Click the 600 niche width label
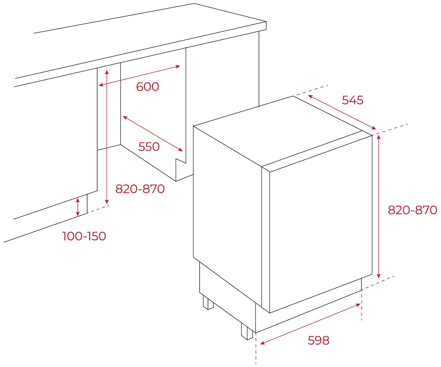coord(147,87)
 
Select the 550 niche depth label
coord(149,147)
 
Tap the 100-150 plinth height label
coord(84,236)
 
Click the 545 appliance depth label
coord(353,100)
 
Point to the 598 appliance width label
coord(318,341)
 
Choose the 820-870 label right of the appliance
coord(412,210)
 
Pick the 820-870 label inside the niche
coord(140,189)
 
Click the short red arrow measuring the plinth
coord(78,207)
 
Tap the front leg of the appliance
coord(247,331)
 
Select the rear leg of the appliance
coord(208,302)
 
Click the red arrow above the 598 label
coord(310,324)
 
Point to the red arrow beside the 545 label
coord(342,112)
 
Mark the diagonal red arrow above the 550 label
coord(153,133)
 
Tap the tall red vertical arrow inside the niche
coord(107,137)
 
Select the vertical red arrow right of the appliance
coord(379,206)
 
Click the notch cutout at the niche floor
coord(181,170)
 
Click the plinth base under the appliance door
coord(308,306)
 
